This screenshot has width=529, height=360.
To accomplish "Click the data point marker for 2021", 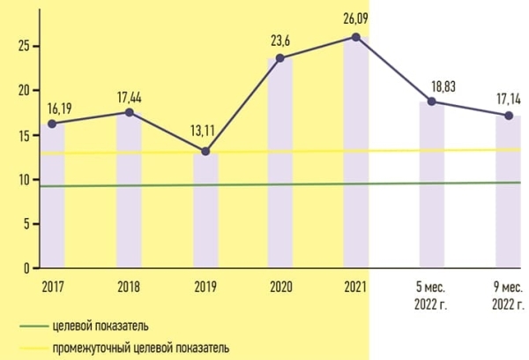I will click(x=355, y=37).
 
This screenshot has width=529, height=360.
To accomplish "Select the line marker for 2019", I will click(x=205, y=151).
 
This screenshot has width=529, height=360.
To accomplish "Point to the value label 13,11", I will click(x=205, y=133).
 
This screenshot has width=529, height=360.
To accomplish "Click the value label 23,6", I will click(x=280, y=40).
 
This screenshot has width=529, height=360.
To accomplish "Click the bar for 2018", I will click(x=129, y=190).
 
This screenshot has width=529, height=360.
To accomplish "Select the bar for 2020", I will click(x=280, y=163).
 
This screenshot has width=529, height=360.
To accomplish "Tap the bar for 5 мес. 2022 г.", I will click(x=432, y=185).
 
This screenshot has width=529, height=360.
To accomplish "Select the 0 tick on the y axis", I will click(x=29, y=267).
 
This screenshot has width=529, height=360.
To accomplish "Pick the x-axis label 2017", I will click(x=53, y=285).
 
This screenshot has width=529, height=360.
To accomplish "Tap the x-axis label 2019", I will click(x=205, y=285).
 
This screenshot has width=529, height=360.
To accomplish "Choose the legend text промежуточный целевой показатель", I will click(x=153, y=348).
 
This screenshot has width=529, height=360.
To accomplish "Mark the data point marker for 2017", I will click(x=53, y=124).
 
